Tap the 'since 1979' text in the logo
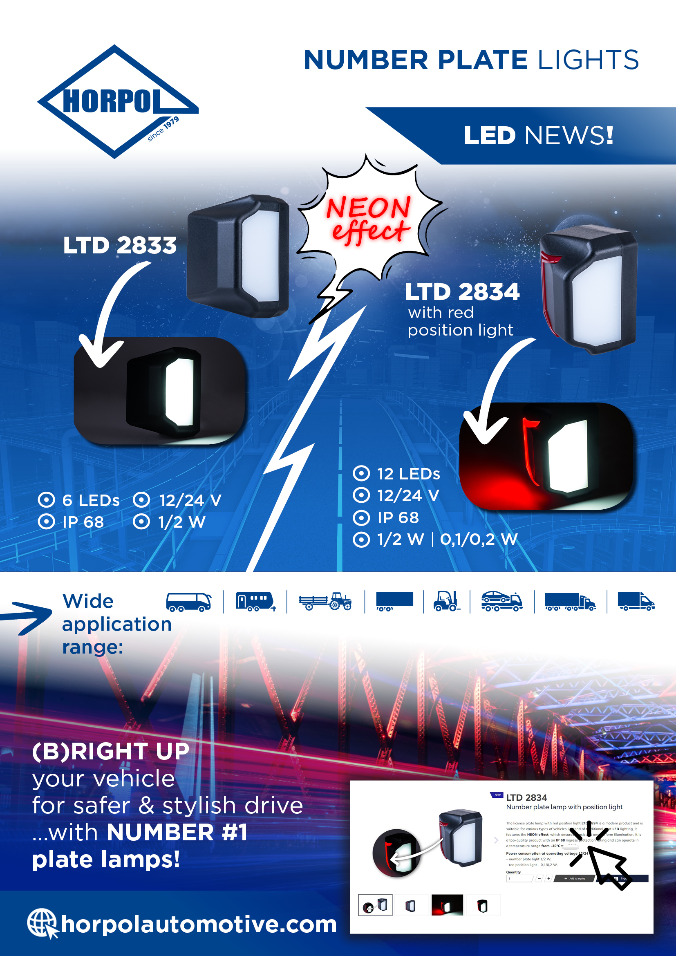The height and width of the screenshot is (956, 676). [x=163, y=129]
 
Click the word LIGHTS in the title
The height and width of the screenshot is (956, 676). [x=588, y=60]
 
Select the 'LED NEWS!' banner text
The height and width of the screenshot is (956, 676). [x=538, y=136]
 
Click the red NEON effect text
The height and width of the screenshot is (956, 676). [x=369, y=219]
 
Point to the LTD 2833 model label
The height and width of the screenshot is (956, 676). [x=120, y=245]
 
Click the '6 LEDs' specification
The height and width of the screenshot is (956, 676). [x=90, y=500]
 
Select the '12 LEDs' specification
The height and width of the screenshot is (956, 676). [x=408, y=474]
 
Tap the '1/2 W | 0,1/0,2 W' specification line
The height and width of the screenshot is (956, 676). [x=447, y=539]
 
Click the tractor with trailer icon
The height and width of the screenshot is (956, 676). [x=325, y=601]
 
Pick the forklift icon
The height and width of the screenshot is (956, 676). [x=446, y=601]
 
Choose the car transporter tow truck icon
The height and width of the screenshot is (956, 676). [x=501, y=601]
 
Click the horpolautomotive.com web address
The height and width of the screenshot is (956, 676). [x=199, y=925]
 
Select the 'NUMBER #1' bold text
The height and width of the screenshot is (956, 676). [x=177, y=832]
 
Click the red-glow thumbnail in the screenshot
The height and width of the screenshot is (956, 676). [x=447, y=905]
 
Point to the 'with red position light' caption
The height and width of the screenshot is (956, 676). [x=460, y=321]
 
